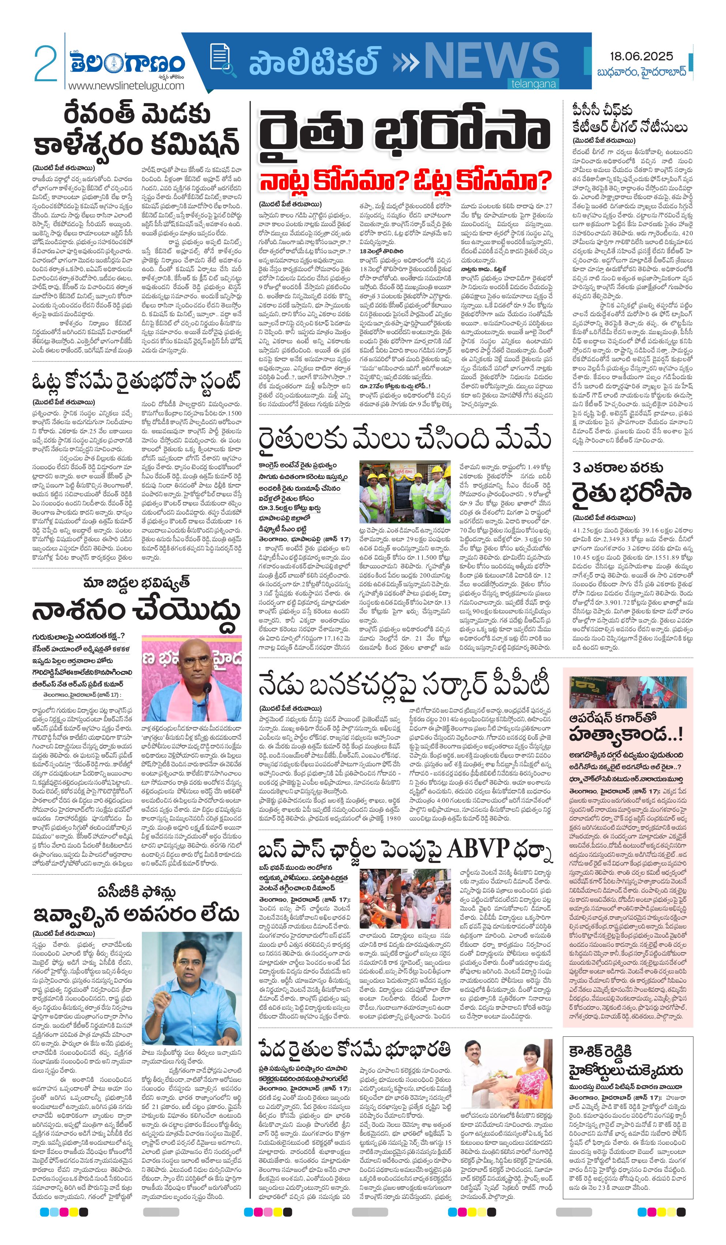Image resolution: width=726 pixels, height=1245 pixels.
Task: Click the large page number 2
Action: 45,63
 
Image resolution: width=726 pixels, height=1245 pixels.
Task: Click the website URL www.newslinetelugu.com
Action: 126,86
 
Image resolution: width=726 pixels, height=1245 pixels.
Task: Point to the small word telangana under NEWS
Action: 533,84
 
